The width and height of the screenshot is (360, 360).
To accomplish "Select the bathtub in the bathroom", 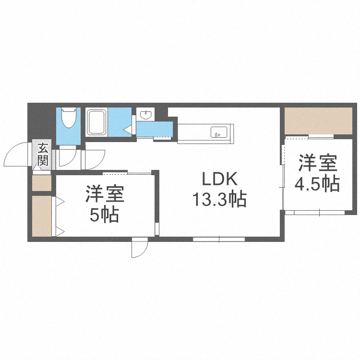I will pos(97,122).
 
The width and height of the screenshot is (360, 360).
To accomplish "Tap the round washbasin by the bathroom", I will pos(145,114).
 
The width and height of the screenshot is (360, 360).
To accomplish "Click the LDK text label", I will pos(219,180).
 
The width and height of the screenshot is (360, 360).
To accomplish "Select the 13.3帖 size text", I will pos(219,198).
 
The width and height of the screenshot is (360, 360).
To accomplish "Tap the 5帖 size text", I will pos(104,216).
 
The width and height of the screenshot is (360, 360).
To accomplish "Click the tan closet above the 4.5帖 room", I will pos(318,120).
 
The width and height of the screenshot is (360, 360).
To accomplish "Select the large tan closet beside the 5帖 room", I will pos(42,216).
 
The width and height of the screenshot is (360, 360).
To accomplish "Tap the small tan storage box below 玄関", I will pos(42,183).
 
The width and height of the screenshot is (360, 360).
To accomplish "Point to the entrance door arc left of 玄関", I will pos(16,155).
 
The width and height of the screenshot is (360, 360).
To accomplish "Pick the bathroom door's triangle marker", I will pos(127,129).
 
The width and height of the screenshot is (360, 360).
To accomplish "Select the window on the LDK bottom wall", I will pos(219,239).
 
